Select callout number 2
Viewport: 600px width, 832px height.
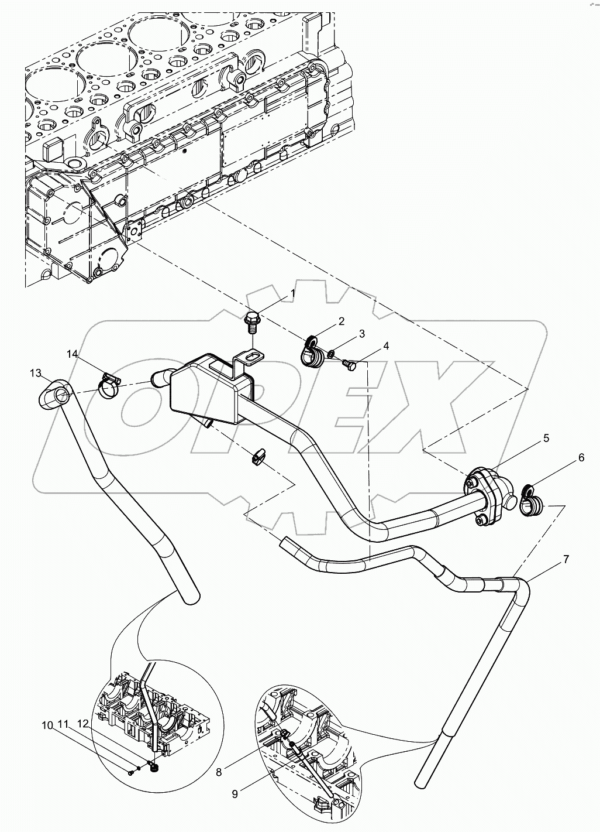click(340, 321)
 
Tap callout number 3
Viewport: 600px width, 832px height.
click(361, 334)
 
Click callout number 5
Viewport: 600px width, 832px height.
click(546, 437)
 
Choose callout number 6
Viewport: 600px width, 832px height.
click(581, 458)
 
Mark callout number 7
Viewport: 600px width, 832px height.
click(565, 559)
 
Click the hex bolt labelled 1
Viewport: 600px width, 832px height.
click(253, 321)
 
